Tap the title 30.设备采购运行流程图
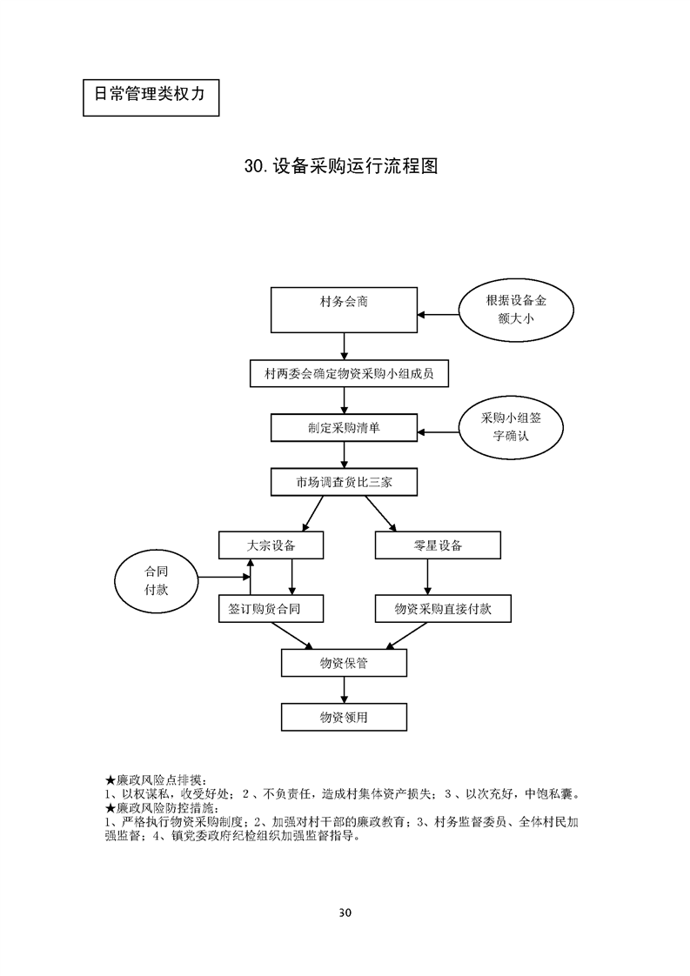pos(341,166)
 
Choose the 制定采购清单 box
pos(345,428)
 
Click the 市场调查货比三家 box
pos(345,481)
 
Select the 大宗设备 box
pos(271,545)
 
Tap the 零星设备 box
pos(438,545)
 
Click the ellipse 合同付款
pos(156,581)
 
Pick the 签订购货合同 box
pos(271,609)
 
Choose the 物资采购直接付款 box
pos(443,609)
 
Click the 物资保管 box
pos(345,664)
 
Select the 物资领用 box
pos(345,717)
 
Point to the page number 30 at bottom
pos(345,912)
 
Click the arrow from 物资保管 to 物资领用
pos(345,691)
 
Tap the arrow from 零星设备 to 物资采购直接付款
pos(426,577)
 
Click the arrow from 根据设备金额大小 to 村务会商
pos(438,313)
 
